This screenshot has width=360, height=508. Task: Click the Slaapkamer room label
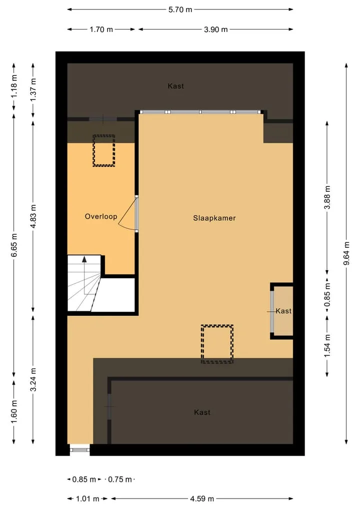coord(214,218)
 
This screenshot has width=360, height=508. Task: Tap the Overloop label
coord(101,216)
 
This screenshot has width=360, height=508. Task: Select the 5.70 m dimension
coord(180,9)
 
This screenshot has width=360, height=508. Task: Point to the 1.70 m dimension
coord(101,29)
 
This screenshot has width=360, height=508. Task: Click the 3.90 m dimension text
coord(215,29)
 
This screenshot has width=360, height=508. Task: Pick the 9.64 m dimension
coord(346,253)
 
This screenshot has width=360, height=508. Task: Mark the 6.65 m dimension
coord(14,245)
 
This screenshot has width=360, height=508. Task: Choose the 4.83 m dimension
coord(33,216)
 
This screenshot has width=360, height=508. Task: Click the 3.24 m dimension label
coord(33,380)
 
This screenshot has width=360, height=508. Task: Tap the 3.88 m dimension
coord(327,197)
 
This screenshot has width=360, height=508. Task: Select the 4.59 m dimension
coord(201,499)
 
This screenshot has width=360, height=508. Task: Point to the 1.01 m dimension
coord(87,499)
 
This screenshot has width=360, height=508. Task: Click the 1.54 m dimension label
coord(327,346)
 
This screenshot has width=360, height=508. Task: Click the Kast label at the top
coord(176,86)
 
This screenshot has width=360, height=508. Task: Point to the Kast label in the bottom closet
coord(202,412)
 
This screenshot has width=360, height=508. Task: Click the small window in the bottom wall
coord(80,450)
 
